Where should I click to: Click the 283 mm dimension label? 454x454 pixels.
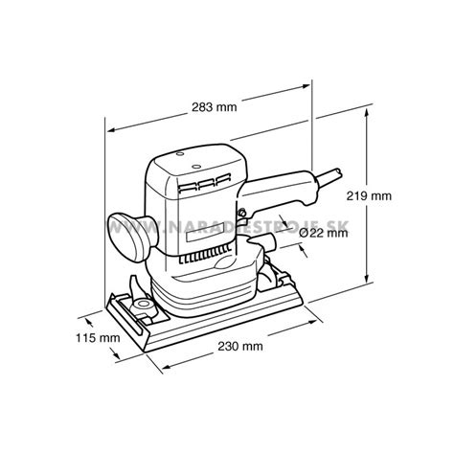pyautogui.click(x=215, y=106)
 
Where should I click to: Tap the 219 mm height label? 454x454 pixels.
pyautogui.click(x=369, y=195)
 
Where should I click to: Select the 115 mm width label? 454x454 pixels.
pyautogui.click(x=98, y=338)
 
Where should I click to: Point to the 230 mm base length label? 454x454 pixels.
pyautogui.click(x=240, y=346)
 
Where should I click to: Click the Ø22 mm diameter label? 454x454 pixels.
pyautogui.click(x=324, y=233)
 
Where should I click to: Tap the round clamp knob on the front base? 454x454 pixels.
pyautogui.click(x=142, y=306)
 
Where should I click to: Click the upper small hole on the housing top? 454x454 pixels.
pyautogui.click(x=180, y=154)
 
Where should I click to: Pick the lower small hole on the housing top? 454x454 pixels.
pyautogui.click(x=196, y=167)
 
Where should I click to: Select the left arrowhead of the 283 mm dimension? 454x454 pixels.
pyautogui.click(x=112, y=130)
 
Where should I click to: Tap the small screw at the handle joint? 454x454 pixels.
pyautogui.click(x=241, y=211)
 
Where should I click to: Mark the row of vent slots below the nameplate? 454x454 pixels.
pyautogui.click(x=205, y=255)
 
